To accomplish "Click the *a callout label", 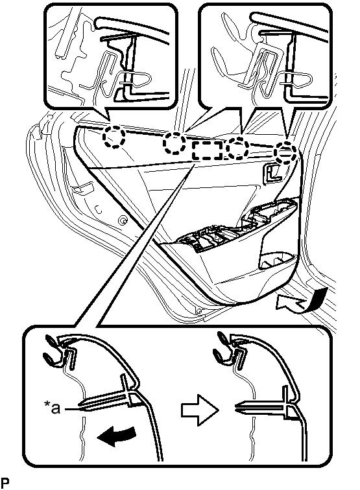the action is pyautogui.click(x=53, y=408).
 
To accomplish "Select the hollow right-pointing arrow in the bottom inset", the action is pyautogui.click(x=200, y=410).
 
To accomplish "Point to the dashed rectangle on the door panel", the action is pyautogui.click(x=208, y=150).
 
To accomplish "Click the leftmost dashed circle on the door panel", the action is pyautogui.click(x=114, y=137).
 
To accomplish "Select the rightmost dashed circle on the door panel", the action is pyautogui.click(x=285, y=152).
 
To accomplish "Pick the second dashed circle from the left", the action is pyautogui.click(x=174, y=143).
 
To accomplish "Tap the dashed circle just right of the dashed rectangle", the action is pyautogui.click(x=237, y=148).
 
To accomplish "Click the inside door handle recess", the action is pyautogui.click(x=272, y=173).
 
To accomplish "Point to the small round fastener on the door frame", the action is pyautogui.click(x=122, y=220).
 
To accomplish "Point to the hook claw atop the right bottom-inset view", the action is pyautogui.click(x=224, y=348).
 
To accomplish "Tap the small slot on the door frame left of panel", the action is pyautogui.click(x=83, y=189).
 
